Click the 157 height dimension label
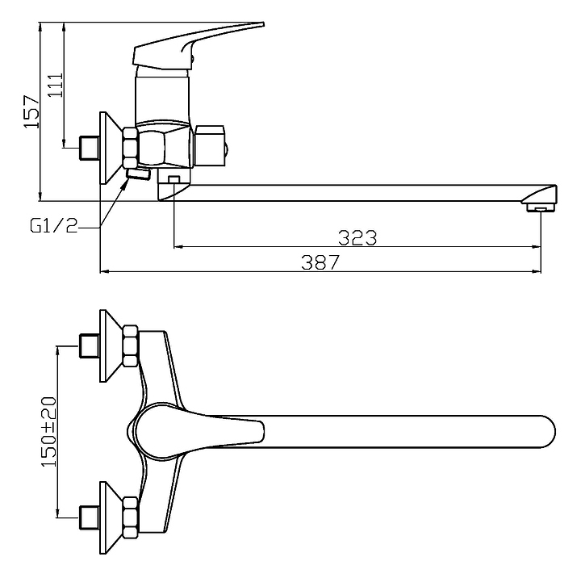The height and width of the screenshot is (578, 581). [x=31, y=111]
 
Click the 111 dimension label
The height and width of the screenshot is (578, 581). [x=56, y=84]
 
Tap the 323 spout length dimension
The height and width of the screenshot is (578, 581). [x=357, y=237]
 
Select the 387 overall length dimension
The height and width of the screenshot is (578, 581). [x=320, y=262]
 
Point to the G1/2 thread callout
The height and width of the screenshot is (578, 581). [x=53, y=227]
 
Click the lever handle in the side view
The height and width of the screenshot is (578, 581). [x=202, y=44]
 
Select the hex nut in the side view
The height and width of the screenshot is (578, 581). [x=130, y=146]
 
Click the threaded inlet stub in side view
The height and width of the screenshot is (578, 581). [x=88, y=147]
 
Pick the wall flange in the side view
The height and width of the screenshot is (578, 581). [x=108, y=147]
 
